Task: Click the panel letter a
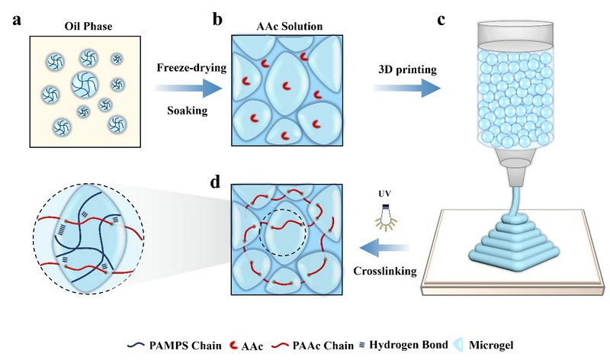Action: click(x=17, y=20)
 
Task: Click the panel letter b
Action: click(x=218, y=20)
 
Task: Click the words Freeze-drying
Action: click(x=192, y=69)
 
